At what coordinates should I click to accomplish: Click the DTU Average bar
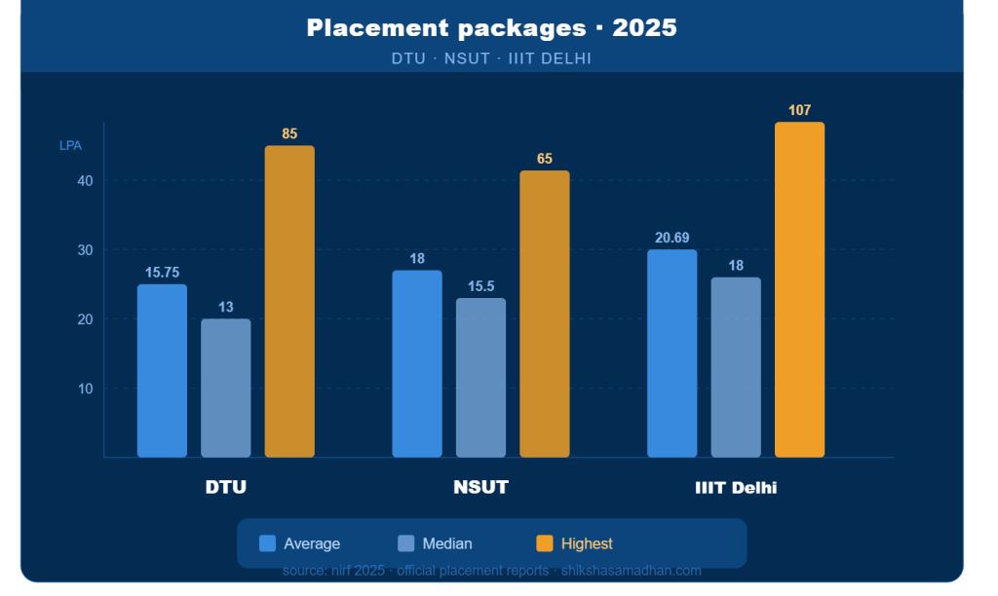click(162, 370)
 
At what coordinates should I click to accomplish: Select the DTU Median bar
click(225, 388)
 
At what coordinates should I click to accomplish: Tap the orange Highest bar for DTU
click(289, 301)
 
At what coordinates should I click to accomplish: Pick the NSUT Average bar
click(417, 363)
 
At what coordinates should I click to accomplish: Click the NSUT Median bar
click(480, 377)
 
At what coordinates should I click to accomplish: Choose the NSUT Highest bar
click(544, 314)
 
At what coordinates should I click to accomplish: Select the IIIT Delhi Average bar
click(672, 353)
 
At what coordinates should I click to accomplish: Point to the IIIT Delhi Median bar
click(736, 367)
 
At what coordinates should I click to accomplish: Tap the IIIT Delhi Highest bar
click(799, 289)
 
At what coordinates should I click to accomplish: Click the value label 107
click(799, 110)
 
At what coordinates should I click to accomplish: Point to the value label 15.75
click(162, 273)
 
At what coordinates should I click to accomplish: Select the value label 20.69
click(672, 238)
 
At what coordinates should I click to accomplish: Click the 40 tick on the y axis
click(85, 180)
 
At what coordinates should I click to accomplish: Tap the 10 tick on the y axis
click(85, 389)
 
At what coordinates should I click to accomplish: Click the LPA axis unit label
click(71, 145)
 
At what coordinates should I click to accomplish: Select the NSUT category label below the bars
click(480, 487)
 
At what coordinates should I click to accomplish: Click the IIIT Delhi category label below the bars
click(736, 487)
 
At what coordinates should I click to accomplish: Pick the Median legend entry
click(435, 543)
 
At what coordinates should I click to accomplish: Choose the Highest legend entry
click(574, 543)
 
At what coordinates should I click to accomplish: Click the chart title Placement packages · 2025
click(491, 28)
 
